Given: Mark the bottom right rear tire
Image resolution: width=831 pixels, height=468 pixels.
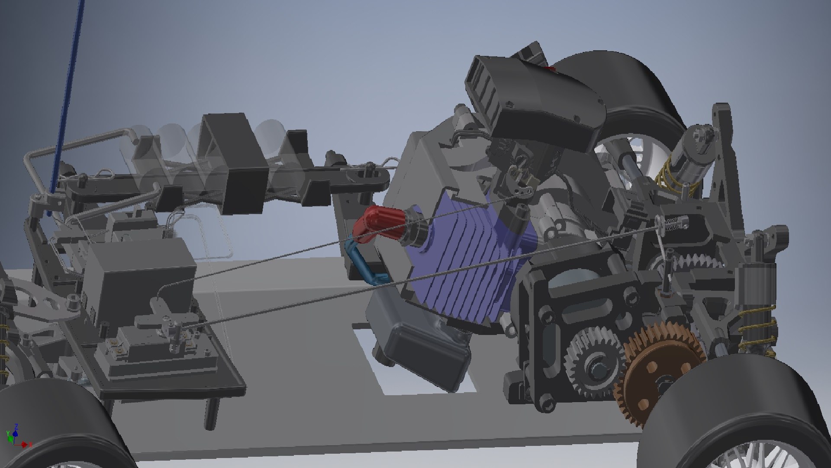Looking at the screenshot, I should click(x=736, y=416).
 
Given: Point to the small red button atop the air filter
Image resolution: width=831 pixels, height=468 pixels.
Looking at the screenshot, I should click(x=550, y=68).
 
